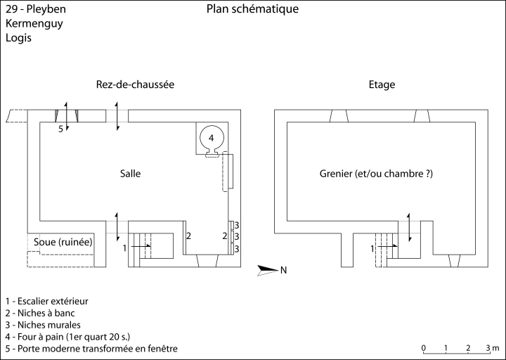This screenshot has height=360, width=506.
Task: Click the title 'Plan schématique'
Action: (x=253, y=9)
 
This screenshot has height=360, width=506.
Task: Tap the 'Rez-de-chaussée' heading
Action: (x=135, y=84)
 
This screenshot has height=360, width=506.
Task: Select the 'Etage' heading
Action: (x=382, y=84)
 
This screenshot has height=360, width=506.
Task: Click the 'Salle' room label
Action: (x=130, y=173)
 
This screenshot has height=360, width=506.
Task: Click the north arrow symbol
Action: (x=268, y=269)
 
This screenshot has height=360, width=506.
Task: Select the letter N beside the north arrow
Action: (x=284, y=269)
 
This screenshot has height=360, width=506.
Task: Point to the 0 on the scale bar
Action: (x=423, y=349)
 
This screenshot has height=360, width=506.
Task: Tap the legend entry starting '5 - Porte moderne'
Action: (x=91, y=349)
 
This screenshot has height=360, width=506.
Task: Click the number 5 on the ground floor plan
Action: (x=61, y=129)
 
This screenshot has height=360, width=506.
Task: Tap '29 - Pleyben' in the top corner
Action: (x=32, y=9)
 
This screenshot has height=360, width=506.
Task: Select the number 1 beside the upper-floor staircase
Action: (x=372, y=248)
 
